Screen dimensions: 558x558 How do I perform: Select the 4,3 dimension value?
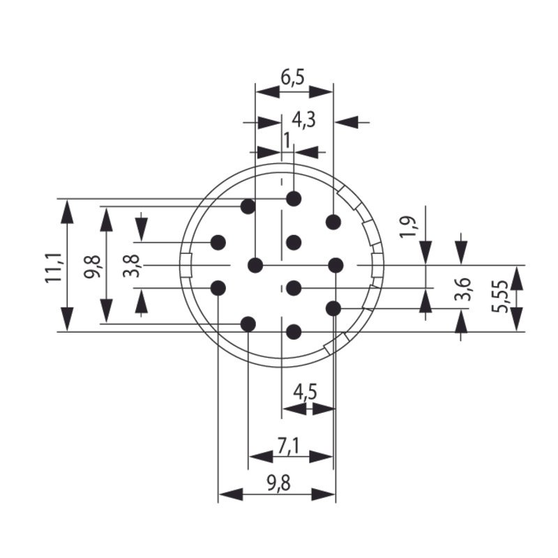tap(303, 120)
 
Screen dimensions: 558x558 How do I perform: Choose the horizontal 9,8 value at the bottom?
tap(277, 481)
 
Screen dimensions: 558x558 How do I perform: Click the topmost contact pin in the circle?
tap(294, 199)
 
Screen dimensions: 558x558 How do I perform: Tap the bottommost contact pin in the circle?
tap(294, 332)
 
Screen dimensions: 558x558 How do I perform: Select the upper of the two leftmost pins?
tap(218, 243)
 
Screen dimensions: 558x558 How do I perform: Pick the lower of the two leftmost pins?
tap(218, 287)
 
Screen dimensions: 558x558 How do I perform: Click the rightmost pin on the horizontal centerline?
tap(336, 265)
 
